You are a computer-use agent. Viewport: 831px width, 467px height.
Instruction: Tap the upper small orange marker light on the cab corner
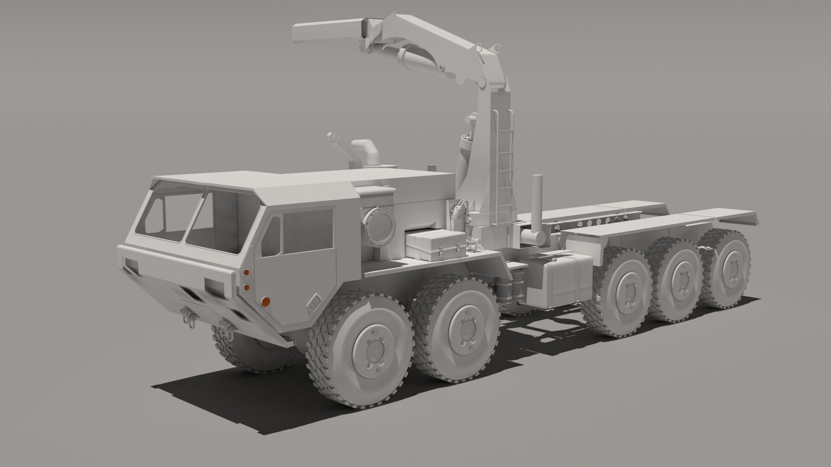tap(246, 273)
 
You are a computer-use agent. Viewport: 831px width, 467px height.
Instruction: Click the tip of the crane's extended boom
tap(303, 33)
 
